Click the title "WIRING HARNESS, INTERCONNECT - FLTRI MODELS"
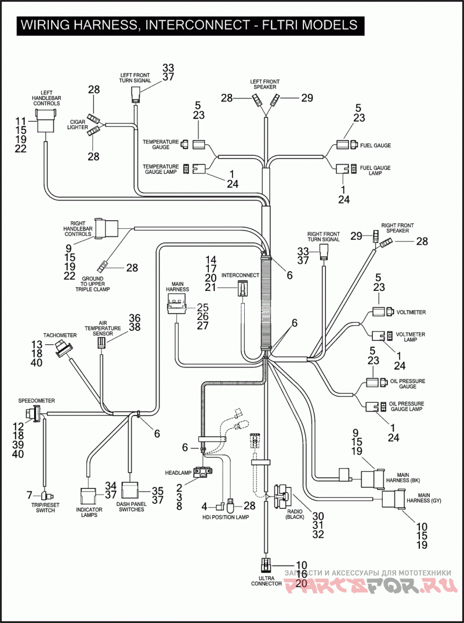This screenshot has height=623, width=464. click(189, 25)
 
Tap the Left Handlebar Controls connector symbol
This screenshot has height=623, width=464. click(46, 121)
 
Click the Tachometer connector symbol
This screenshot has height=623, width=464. click(63, 348)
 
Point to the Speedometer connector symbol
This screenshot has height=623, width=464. click(34, 414)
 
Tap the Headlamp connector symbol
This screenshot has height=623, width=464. click(203, 471)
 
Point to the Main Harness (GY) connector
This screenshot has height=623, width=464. click(393, 499)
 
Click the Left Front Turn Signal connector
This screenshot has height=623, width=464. click(135, 96)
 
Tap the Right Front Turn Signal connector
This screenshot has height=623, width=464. click(324, 252)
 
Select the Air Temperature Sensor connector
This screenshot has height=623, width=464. click(101, 343)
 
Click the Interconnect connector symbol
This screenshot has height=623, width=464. click(242, 289)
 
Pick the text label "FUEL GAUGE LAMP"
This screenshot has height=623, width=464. click(375, 170)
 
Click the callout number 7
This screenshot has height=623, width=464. click(29, 495)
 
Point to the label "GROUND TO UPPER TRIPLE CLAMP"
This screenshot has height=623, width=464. click(93, 284)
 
